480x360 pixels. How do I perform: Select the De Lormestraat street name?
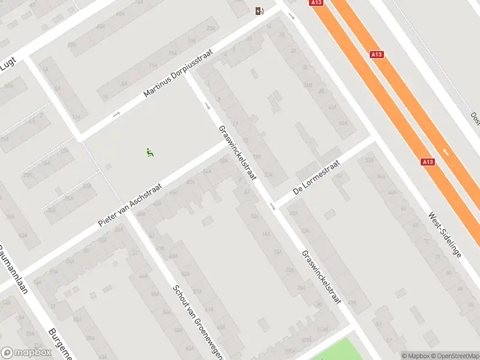(317, 178)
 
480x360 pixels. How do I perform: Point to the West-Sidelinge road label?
(445, 234)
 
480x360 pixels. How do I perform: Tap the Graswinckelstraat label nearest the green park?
(322, 277)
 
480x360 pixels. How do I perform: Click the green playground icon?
(149, 152)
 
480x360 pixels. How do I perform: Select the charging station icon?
(259, 10)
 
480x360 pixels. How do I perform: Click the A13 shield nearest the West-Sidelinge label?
(427, 161)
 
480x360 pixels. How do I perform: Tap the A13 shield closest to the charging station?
(317, 3)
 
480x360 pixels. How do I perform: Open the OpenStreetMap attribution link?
(458, 356)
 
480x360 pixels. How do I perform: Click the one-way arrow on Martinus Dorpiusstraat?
(116, 113)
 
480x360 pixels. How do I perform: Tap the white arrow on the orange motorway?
(446, 152)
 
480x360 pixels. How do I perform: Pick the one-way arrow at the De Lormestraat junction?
(272, 206)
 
